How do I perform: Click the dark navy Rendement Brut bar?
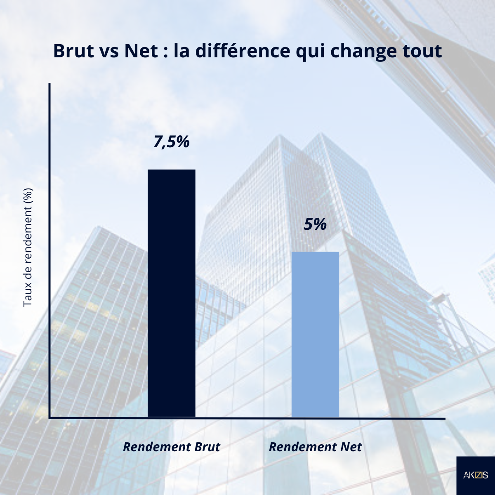(171, 293)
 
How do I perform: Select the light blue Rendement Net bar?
(315, 334)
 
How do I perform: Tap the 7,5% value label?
(171, 142)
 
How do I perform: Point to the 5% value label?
(315, 224)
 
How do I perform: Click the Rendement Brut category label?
(171, 447)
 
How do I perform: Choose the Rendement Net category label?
(315, 447)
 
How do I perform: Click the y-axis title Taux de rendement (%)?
(28, 247)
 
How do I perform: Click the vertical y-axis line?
(49, 247)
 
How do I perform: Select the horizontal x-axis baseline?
(247, 418)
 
